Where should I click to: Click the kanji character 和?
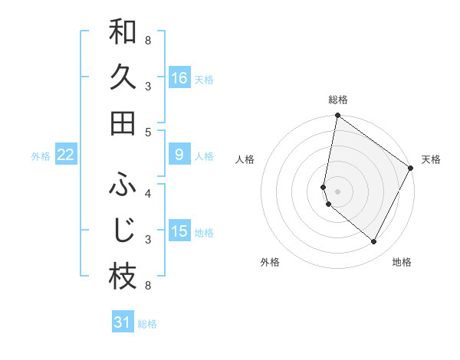123,33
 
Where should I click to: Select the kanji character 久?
123,77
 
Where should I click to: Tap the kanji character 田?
123,123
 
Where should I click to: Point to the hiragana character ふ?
123,184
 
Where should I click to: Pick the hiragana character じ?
123,230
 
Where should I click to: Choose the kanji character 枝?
123,277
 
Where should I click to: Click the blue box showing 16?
179,77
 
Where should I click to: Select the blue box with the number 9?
179,155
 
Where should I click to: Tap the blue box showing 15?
179,231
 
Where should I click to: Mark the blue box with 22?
66,155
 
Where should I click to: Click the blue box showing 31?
123,322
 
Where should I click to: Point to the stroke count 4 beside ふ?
148,192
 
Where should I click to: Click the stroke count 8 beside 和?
148,39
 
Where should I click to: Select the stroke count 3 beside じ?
148,240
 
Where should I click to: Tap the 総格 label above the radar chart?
338,100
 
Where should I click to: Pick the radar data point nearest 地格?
374,242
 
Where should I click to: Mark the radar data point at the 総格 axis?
337,116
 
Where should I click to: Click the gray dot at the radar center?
338,191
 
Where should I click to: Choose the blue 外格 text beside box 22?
41,156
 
